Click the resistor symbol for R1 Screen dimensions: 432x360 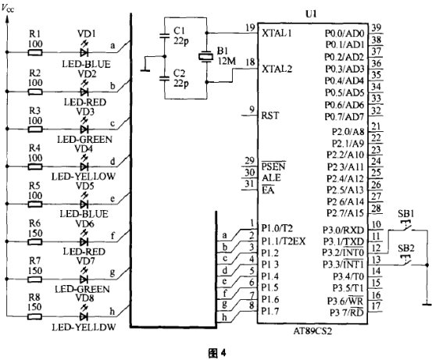coord(35,52)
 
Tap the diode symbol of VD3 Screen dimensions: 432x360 coord(84,129)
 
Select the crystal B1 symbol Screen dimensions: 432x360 coord(206,57)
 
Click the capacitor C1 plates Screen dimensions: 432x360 coord(165,35)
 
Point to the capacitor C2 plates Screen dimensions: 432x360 coord(165,78)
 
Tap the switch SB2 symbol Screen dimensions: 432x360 coord(405,261)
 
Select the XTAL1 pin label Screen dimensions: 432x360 coord(277,34)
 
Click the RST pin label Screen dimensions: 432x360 coord(270,116)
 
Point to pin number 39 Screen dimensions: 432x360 coord(376,27)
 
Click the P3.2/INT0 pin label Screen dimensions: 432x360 coord(343,252)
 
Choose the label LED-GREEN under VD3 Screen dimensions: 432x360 coord(85,139)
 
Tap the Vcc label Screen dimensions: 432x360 coord(8,9)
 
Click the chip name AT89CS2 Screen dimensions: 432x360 coord(312,330)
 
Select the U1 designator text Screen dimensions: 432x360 coord(311,14)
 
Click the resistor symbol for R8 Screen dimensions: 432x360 coord(35,316)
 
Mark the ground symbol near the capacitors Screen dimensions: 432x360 coord(145,70)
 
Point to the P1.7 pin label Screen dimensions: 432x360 coord(270,311)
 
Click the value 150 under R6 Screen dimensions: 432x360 coord(35,233)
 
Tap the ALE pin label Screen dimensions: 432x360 coord(271,178)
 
